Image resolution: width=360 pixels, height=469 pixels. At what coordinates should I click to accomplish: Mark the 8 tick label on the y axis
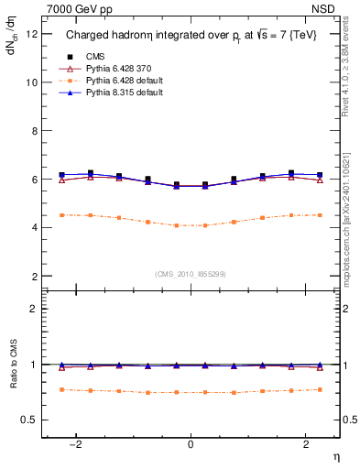point(35,131)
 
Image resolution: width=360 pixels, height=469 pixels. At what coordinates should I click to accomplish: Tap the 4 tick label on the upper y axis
point(35,227)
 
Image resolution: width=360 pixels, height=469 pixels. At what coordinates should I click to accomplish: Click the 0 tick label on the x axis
point(191,443)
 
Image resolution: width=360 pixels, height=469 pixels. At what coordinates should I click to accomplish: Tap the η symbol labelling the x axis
point(335,456)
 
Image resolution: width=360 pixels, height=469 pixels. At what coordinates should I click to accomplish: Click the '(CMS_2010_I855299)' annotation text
point(191,273)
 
